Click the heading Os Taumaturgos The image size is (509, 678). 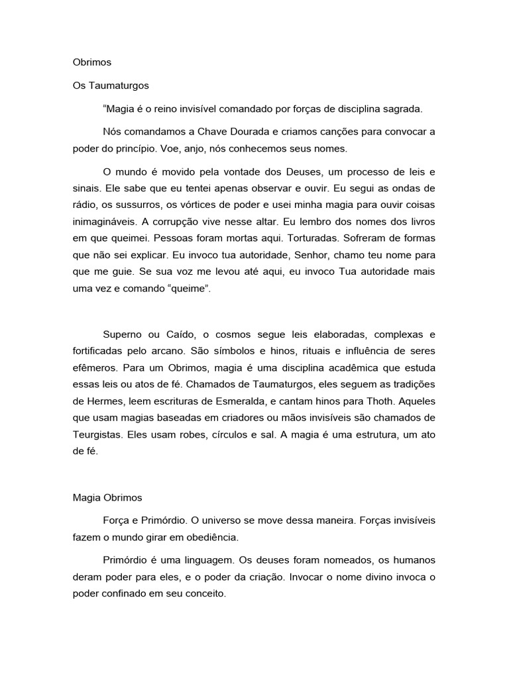click(111, 85)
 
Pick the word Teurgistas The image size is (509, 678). click(98, 434)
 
